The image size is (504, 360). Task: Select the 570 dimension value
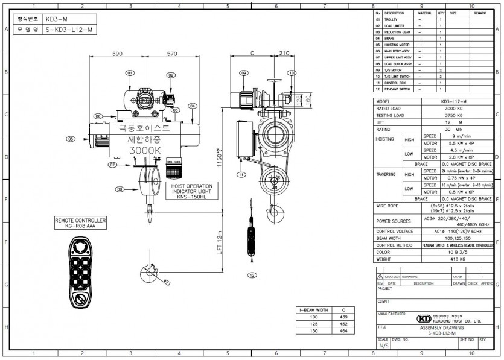[x=172, y=54]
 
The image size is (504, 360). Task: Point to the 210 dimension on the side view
[x=284, y=54]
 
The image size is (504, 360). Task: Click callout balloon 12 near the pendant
[x=251, y=274]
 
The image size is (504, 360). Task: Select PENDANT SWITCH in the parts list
[x=397, y=89]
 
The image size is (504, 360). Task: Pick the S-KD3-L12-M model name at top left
[x=69, y=28]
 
